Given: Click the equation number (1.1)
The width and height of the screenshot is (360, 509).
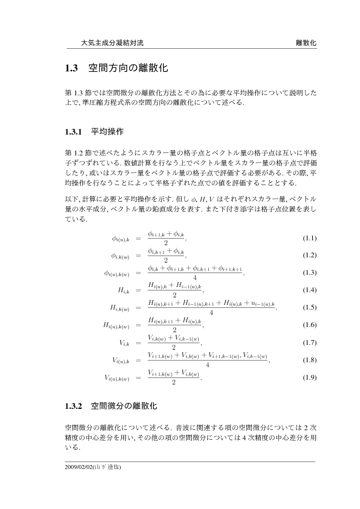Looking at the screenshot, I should [309, 238].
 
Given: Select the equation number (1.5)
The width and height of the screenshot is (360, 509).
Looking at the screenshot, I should [309, 308].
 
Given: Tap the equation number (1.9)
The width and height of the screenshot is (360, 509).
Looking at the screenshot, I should [309, 378].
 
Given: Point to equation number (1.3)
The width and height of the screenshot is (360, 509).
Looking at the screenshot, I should [309, 273].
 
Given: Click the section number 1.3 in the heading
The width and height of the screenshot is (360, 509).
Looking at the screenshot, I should [71, 68].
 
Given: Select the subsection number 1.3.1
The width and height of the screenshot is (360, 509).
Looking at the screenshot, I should [74, 131].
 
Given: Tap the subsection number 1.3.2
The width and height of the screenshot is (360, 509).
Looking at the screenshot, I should [74, 406].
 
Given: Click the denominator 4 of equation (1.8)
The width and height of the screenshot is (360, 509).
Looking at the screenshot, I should [207, 365].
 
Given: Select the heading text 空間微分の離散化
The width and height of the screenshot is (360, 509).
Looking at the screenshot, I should [124, 406].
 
